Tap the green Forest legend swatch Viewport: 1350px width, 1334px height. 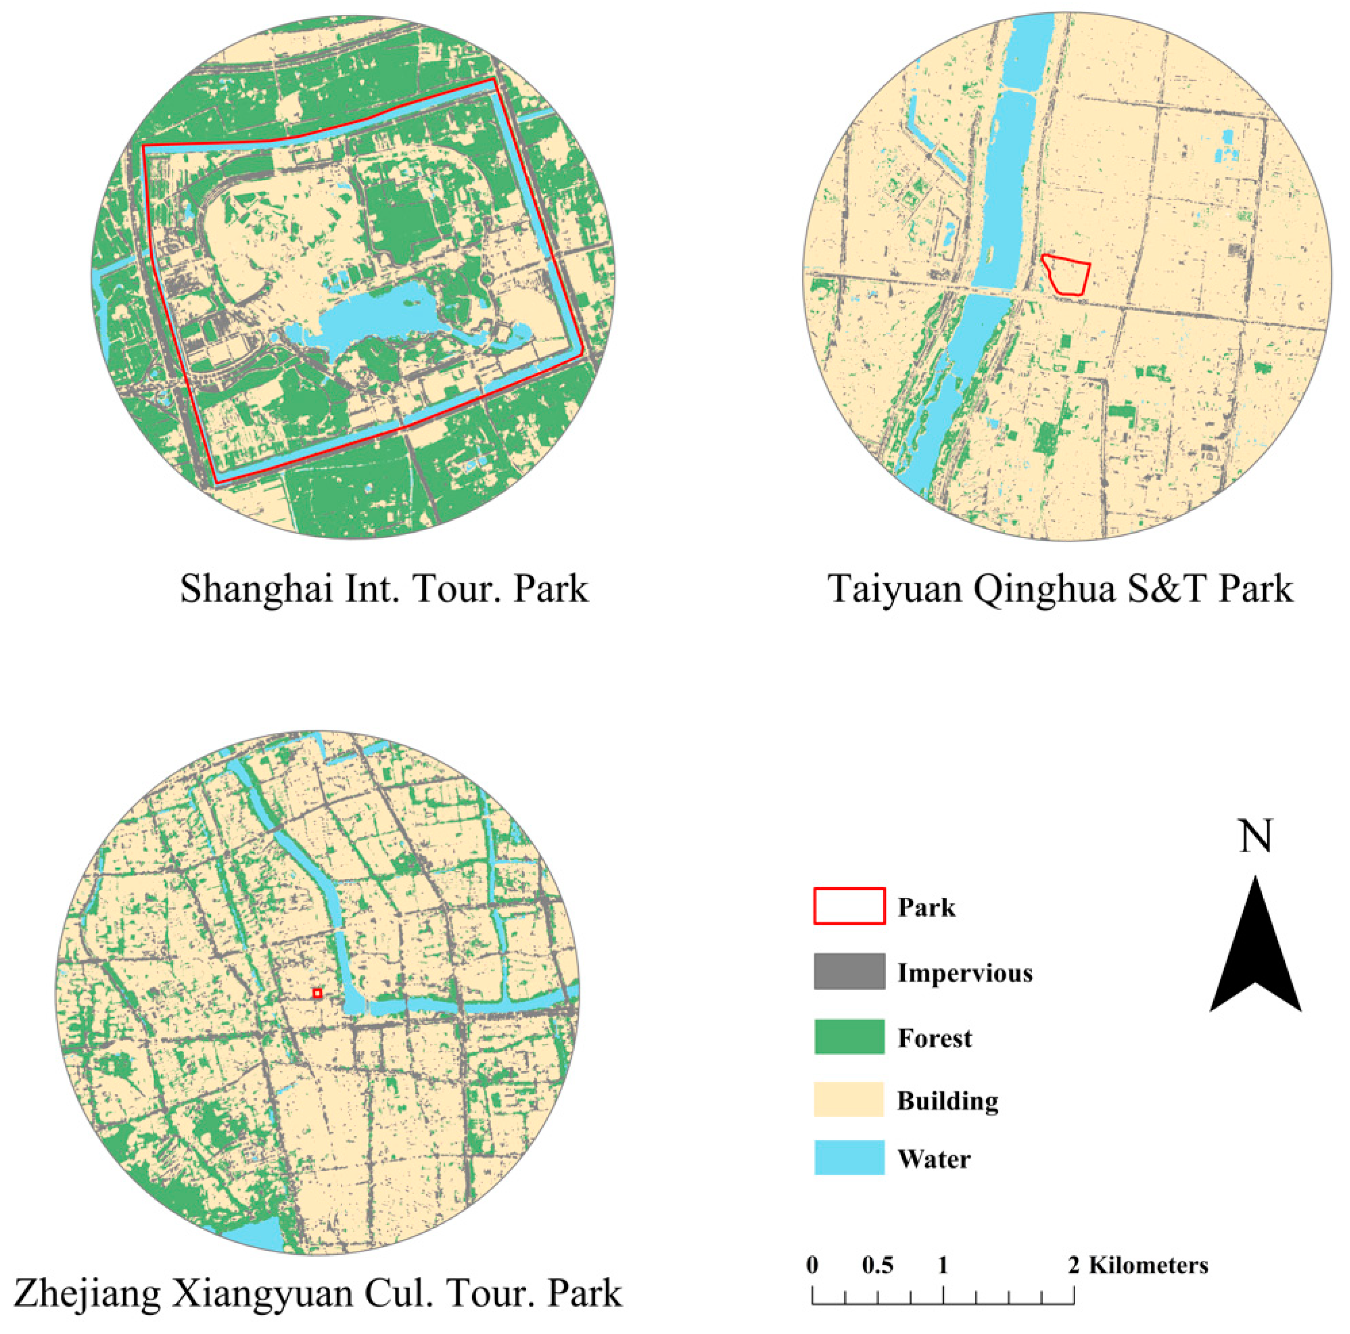[849, 1036]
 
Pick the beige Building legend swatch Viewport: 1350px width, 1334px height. [849, 1099]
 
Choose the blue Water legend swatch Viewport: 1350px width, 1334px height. [849, 1157]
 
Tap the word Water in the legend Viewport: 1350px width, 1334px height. [934, 1159]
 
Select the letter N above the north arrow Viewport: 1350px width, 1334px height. [1255, 836]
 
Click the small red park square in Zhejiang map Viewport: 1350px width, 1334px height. [317, 993]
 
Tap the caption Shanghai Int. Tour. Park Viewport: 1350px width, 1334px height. [384, 589]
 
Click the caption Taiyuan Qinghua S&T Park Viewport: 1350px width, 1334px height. [1060, 589]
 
